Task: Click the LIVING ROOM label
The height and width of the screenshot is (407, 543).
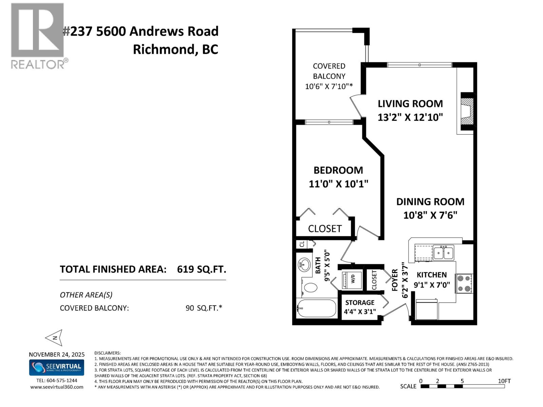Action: click(x=410, y=103)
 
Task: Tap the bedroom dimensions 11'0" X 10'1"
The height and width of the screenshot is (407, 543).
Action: click(x=338, y=184)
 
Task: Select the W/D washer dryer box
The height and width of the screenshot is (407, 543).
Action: click(x=352, y=280)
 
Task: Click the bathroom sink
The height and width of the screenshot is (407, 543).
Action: click(x=304, y=265)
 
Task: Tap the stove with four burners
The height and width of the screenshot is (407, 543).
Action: click(x=464, y=283)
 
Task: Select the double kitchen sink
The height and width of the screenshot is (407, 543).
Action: click(x=443, y=253)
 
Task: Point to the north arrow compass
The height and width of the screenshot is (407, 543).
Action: click(x=54, y=337)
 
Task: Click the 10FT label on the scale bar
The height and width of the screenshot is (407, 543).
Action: click(x=504, y=381)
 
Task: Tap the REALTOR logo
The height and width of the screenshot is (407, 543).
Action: click(x=38, y=36)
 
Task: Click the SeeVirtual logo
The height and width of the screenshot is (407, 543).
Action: click(x=57, y=367)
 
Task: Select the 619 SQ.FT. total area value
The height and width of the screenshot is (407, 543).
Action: click(x=201, y=269)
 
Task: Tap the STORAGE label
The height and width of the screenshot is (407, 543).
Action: click(x=360, y=303)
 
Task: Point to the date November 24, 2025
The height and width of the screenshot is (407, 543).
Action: click(x=57, y=354)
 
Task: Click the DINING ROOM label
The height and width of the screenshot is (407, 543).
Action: click(x=430, y=202)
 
